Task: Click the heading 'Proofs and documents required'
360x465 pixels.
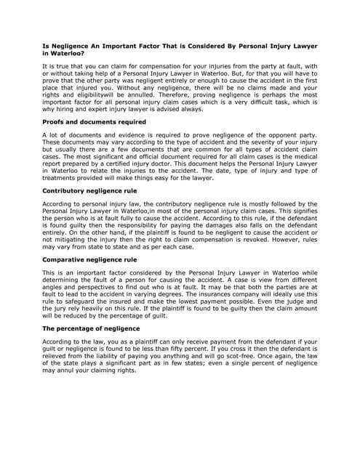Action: [94, 122]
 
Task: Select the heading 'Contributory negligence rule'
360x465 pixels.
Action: [89, 190]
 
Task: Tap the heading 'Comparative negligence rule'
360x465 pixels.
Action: [89, 259]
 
